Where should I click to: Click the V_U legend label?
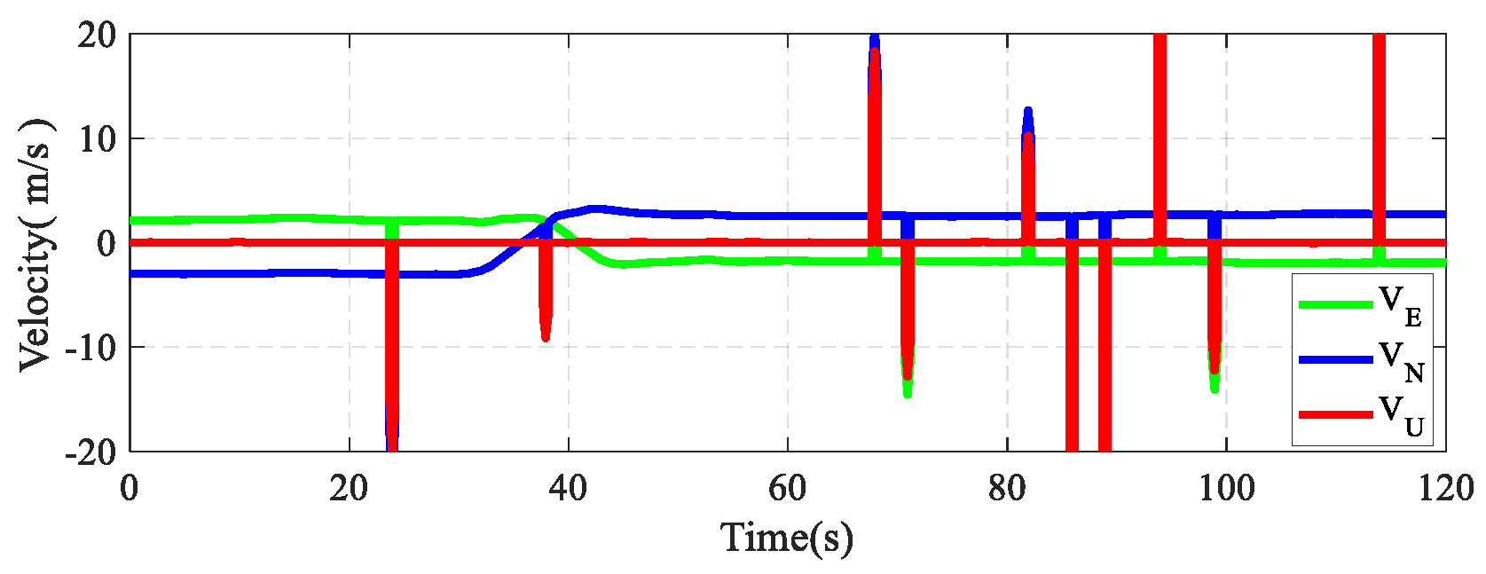click(1401, 414)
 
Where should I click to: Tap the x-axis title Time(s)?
click(787, 538)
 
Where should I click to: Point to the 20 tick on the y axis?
click(97, 35)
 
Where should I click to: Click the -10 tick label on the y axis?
click(91, 347)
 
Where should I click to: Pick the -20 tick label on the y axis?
click(91, 452)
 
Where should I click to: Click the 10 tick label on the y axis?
click(97, 139)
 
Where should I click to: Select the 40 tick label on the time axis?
click(568, 488)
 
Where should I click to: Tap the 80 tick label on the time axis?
click(1006, 488)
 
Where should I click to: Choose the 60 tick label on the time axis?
click(787, 488)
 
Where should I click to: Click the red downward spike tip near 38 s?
click(546, 338)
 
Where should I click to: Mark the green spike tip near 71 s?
click(908, 394)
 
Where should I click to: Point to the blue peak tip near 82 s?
click(1028, 110)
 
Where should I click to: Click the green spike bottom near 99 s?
click(1215, 389)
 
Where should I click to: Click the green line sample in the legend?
click(1335, 304)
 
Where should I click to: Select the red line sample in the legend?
click(1335, 414)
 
